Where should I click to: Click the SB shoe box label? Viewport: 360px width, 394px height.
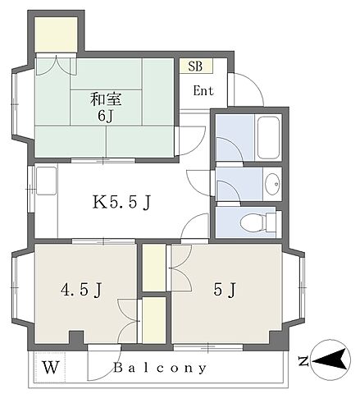(x=195, y=66)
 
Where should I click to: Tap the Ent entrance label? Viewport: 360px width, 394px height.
(x=203, y=91)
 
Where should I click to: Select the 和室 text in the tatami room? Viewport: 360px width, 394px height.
(x=106, y=99)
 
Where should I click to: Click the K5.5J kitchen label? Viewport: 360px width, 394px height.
(x=121, y=203)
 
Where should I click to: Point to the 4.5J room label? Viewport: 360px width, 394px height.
(x=81, y=290)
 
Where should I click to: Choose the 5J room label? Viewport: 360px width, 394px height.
(x=225, y=290)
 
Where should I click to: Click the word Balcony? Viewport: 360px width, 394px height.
(x=160, y=368)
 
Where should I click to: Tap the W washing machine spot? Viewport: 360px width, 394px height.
(x=51, y=368)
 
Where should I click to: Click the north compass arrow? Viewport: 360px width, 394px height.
(x=330, y=360)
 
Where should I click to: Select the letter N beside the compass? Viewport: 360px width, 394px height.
(x=303, y=361)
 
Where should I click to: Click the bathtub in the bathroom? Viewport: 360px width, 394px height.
(x=269, y=138)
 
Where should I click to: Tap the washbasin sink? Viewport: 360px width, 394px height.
(x=272, y=184)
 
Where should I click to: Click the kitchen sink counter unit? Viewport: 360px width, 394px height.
(x=47, y=181)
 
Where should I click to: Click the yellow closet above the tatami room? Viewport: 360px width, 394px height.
(x=57, y=34)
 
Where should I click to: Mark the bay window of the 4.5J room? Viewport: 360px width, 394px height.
(x=22, y=288)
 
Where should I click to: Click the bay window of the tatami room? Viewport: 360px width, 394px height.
(x=22, y=104)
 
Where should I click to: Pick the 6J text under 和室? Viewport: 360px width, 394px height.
(x=105, y=117)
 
